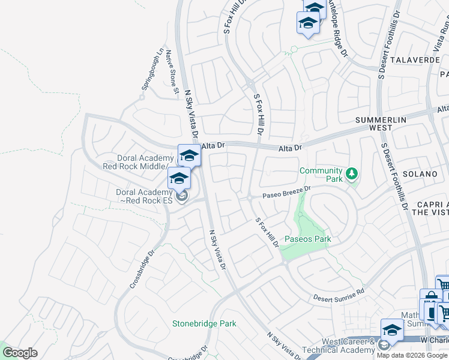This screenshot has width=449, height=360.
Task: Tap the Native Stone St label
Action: [172, 72]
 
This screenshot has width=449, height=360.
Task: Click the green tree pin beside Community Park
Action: [352, 174]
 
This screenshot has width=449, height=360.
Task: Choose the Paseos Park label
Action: [308, 239]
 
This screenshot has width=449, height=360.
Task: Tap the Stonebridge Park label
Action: [204, 323]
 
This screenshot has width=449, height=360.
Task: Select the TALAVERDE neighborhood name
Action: [415, 60]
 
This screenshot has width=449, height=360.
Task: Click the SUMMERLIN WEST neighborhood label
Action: [381, 124]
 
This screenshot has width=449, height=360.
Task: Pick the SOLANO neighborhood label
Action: [421, 173]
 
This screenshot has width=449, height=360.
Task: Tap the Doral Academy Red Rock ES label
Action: [144, 196]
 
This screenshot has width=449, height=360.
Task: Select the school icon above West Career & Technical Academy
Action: [392, 329]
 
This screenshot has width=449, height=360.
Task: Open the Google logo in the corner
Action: [20, 353]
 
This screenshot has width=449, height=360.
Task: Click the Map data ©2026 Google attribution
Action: [412, 355]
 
